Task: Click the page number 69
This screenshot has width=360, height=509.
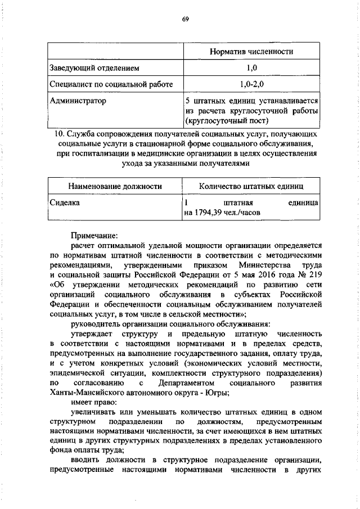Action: pyautogui.click(x=184, y=20)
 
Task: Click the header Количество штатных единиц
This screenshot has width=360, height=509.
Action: pyautogui.click(x=251, y=186)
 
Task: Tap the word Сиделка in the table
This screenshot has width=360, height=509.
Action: pyautogui.click(x=64, y=202)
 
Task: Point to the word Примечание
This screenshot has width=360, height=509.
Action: pyautogui.click(x=94, y=236)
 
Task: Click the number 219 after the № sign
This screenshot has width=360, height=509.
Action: pyautogui.click(x=314, y=275)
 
